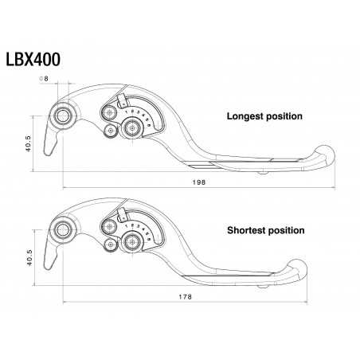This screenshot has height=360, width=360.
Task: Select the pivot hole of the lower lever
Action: (x=62, y=232)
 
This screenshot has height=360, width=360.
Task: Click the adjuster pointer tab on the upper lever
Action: (x=122, y=101)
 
